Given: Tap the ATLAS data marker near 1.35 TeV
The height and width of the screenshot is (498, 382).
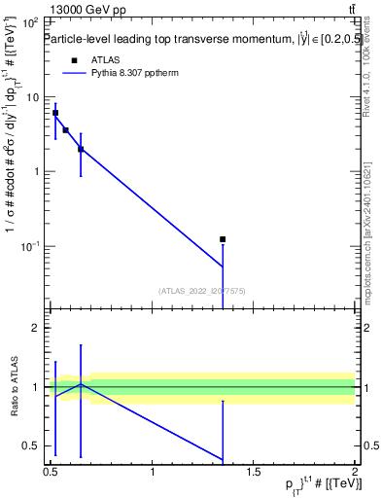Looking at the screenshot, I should (223, 238).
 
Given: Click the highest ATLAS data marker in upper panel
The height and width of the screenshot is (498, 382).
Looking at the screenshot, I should (55, 113).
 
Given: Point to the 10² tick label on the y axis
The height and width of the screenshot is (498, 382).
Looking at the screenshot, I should (29, 22).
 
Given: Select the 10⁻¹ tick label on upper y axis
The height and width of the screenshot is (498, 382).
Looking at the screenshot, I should (29, 246).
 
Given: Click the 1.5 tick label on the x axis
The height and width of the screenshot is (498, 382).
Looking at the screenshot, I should (254, 472).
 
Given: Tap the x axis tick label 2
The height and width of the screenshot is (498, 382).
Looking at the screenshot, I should (356, 472).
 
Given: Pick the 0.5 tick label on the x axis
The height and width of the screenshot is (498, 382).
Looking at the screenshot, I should (51, 472).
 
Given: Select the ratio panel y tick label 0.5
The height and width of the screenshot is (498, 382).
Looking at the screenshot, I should (31, 446).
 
